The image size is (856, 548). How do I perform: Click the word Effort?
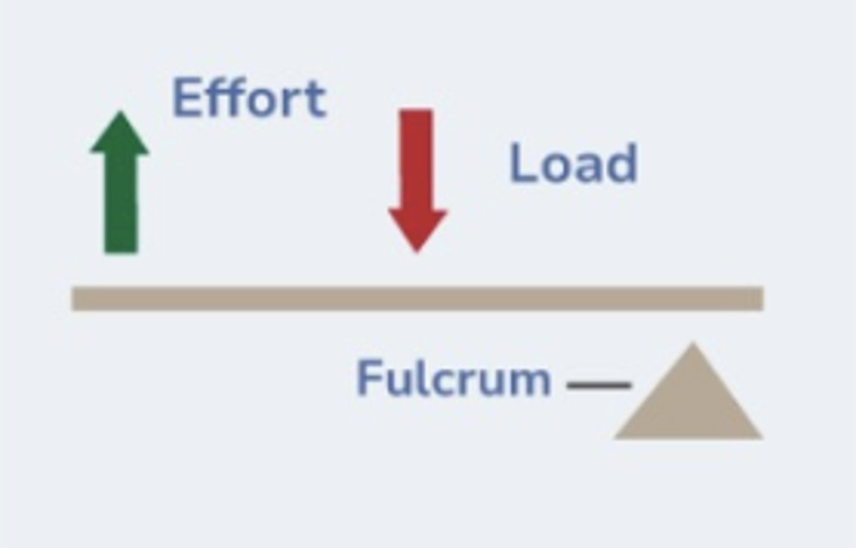248,99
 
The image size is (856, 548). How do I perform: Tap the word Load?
573,164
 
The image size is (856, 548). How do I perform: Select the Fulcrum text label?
453,379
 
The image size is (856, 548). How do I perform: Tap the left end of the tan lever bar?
77,298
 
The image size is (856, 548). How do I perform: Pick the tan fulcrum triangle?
690,404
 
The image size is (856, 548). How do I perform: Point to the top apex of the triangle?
693,346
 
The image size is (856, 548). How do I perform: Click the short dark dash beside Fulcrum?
599,386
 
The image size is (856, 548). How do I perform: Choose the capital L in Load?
521,164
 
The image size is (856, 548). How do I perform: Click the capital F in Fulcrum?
368,378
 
